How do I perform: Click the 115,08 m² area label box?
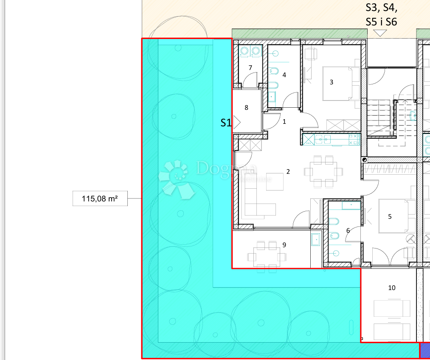click(100, 198)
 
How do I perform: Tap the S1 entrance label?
click(226, 123)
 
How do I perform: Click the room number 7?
click(250, 68)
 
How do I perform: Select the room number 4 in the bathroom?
click(284, 75)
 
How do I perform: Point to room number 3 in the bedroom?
click(332, 82)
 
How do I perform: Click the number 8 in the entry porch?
click(246, 108)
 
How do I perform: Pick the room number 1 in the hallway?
click(284, 122)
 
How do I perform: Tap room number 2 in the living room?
click(288, 172)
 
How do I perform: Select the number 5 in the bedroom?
click(390, 216)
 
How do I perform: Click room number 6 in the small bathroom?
click(348, 230)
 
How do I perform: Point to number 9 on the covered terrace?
click(284, 245)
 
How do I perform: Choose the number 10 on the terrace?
click(391, 288)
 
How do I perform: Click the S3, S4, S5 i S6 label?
click(381, 14)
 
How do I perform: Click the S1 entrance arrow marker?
click(237, 123)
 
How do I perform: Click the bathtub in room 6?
click(351, 206)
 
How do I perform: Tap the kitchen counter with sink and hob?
click(331, 140)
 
